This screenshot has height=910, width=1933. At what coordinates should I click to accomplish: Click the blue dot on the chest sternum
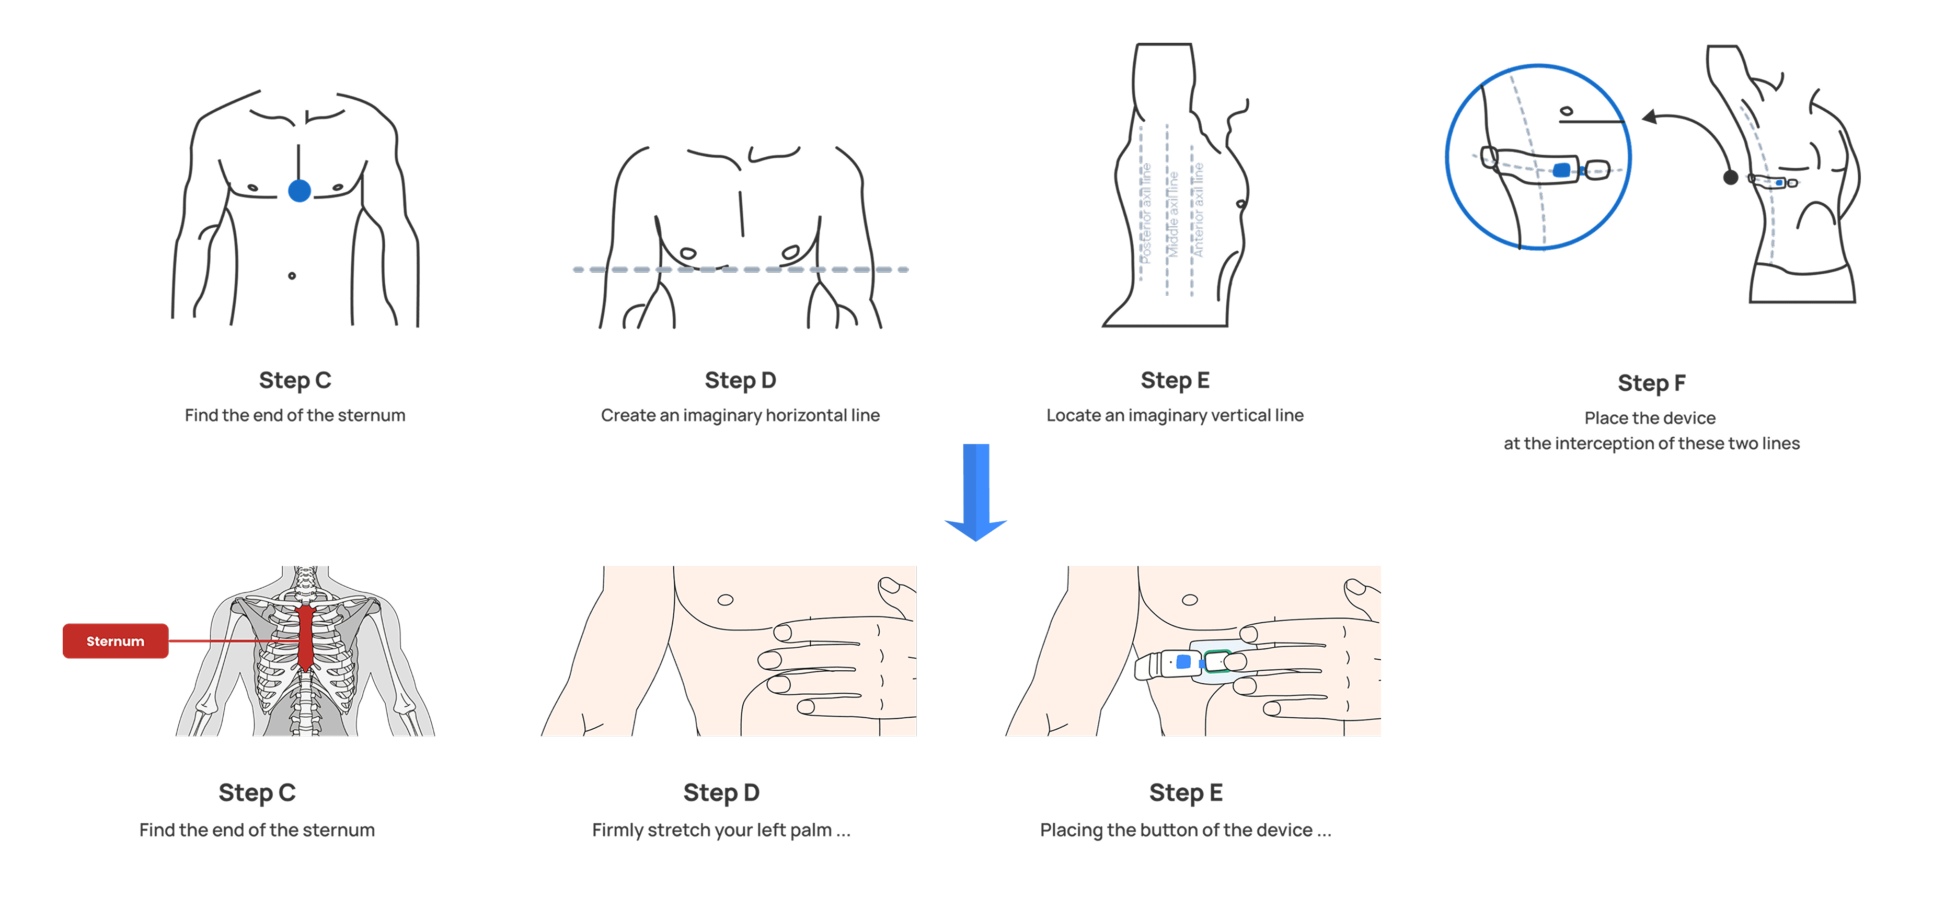point(300,191)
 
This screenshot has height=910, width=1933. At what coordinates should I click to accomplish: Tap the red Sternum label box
point(116,640)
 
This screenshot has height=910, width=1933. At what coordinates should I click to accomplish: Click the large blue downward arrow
point(975,492)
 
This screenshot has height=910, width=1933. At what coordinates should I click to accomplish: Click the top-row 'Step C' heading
point(295,380)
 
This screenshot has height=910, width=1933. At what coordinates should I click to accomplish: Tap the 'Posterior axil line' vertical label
point(1146,213)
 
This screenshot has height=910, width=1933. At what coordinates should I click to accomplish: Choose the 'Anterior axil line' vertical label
point(1199,210)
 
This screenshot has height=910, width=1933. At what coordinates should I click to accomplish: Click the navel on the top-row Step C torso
point(292,276)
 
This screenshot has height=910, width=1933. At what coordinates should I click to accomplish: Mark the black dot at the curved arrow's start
point(1730,178)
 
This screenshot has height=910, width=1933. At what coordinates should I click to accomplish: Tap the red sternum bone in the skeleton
point(305,638)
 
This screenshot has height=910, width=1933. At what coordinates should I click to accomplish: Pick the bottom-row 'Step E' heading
point(1186,792)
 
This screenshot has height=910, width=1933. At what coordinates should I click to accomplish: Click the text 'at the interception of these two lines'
point(1652,444)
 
